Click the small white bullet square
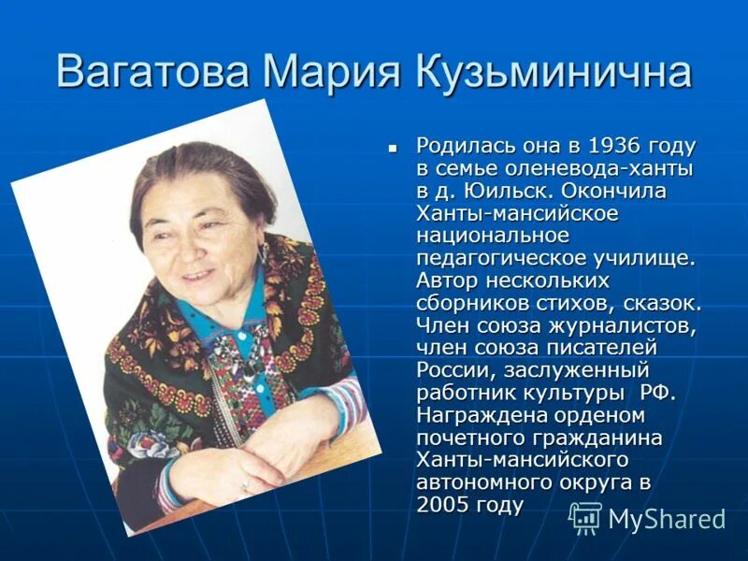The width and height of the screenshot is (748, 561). pyautogui.click(x=394, y=148)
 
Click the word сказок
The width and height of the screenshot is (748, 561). pyautogui.click(x=664, y=303)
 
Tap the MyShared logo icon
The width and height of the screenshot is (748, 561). pyautogui.click(x=585, y=517)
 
